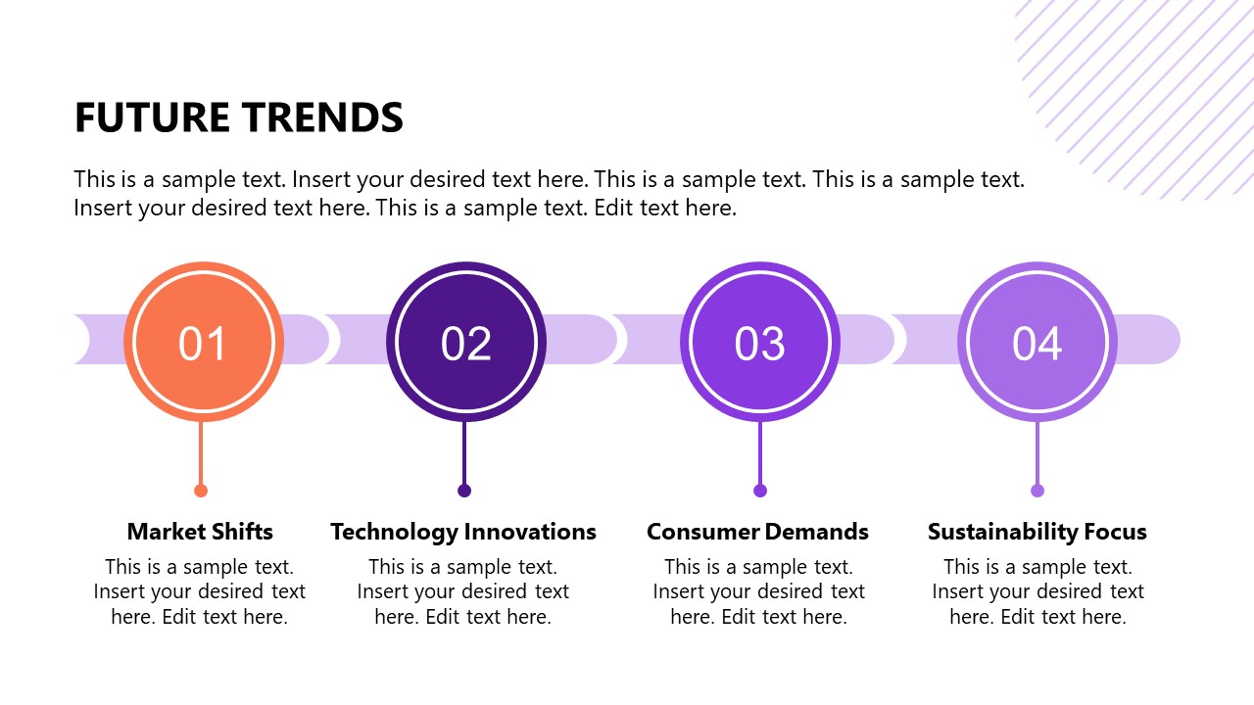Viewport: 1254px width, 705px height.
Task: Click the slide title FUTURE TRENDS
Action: (238, 118)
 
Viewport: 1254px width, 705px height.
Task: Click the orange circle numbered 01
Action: (203, 343)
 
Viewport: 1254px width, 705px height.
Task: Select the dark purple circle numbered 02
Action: (465, 343)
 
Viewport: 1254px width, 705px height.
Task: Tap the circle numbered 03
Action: (759, 343)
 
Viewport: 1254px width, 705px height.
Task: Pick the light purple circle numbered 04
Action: (1037, 343)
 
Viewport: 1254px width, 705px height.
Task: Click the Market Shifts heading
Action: (200, 532)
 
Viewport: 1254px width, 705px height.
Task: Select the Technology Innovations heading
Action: (463, 532)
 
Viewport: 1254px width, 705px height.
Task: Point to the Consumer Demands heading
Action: (757, 532)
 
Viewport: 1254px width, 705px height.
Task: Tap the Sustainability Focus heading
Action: (1037, 532)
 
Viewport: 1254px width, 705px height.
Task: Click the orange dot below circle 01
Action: (201, 491)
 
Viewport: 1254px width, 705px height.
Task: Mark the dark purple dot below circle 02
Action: (464, 491)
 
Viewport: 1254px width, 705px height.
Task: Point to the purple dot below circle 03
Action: (760, 491)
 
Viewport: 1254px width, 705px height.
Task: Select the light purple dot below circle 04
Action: (1037, 491)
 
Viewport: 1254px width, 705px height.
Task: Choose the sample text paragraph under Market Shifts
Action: (200, 591)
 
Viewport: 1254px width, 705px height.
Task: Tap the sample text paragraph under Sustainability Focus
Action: (1037, 591)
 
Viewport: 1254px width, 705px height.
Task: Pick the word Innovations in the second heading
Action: (530, 532)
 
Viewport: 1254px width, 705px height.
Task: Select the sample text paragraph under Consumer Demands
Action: (758, 591)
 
